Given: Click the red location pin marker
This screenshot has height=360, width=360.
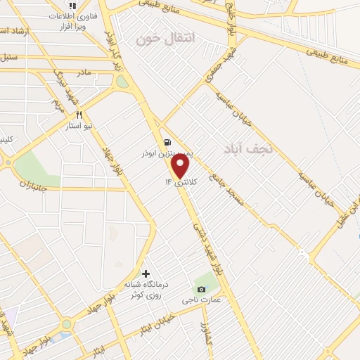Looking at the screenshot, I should click(181, 166).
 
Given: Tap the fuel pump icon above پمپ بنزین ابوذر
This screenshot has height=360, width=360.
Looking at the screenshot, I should click(167, 141).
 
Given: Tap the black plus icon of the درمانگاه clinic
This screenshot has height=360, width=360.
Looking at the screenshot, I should click(146, 274).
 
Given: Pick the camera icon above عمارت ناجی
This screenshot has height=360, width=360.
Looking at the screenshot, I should click(202, 289).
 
